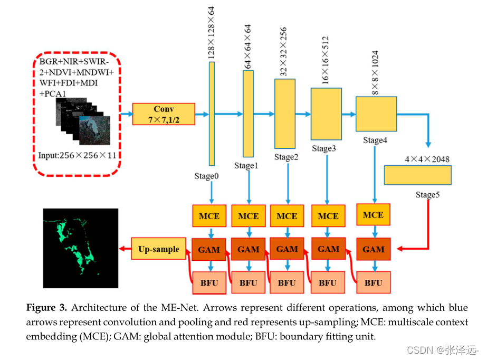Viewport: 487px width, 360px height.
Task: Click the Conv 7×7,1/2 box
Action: click(164, 114)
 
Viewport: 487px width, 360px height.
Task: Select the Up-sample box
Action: click(158, 249)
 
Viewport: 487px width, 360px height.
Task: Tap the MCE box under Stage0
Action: click(209, 216)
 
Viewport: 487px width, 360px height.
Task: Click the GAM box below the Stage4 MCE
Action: click(373, 249)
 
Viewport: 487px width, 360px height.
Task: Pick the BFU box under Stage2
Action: click(287, 282)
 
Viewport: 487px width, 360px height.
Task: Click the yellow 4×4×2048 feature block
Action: click(417, 175)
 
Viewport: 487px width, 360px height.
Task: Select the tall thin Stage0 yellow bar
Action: click(212, 113)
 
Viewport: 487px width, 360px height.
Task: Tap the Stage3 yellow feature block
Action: click(326, 113)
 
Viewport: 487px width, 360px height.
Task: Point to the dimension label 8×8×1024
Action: click(375, 72)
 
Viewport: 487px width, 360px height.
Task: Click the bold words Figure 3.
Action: click(46, 308)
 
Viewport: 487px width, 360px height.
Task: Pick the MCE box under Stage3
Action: click(328, 216)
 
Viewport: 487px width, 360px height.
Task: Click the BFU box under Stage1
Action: click(248, 282)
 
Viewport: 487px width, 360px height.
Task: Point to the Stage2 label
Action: click(287, 157)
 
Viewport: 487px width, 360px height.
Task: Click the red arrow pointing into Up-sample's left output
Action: click(125, 249)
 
